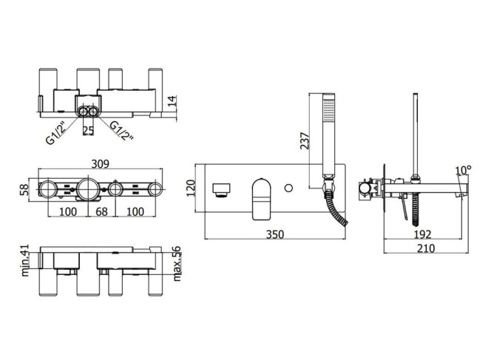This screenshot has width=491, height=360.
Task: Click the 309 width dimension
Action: (x=101, y=163)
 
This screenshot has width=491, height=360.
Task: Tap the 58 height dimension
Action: (x=24, y=190)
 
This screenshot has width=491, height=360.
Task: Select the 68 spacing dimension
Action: (x=101, y=211)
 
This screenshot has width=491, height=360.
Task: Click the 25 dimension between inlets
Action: (x=88, y=130)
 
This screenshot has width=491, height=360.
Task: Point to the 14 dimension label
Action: (x=172, y=101)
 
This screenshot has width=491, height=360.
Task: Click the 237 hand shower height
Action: (x=305, y=140)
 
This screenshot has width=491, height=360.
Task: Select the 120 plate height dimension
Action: (x=191, y=188)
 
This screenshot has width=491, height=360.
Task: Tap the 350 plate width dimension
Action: (x=275, y=234)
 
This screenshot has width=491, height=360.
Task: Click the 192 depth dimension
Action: (x=422, y=234)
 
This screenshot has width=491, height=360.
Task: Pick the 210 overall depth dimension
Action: (x=426, y=248)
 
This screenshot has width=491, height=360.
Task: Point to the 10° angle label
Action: (x=463, y=170)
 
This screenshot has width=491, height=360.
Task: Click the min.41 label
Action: (x=25, y=260)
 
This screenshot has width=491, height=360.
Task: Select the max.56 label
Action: (x=177, y=264)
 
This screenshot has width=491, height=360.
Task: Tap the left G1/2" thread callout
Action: (x=55, y=132)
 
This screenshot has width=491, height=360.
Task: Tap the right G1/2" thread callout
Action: (x=122, y=131)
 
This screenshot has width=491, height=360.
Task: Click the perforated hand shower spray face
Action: (x=329, y=110)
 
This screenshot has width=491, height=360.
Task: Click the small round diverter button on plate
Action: (x=288, y=189)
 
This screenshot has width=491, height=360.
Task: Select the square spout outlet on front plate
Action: (x=221, y=190)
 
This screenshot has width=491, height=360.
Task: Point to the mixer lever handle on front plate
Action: (x=261, y=199)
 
